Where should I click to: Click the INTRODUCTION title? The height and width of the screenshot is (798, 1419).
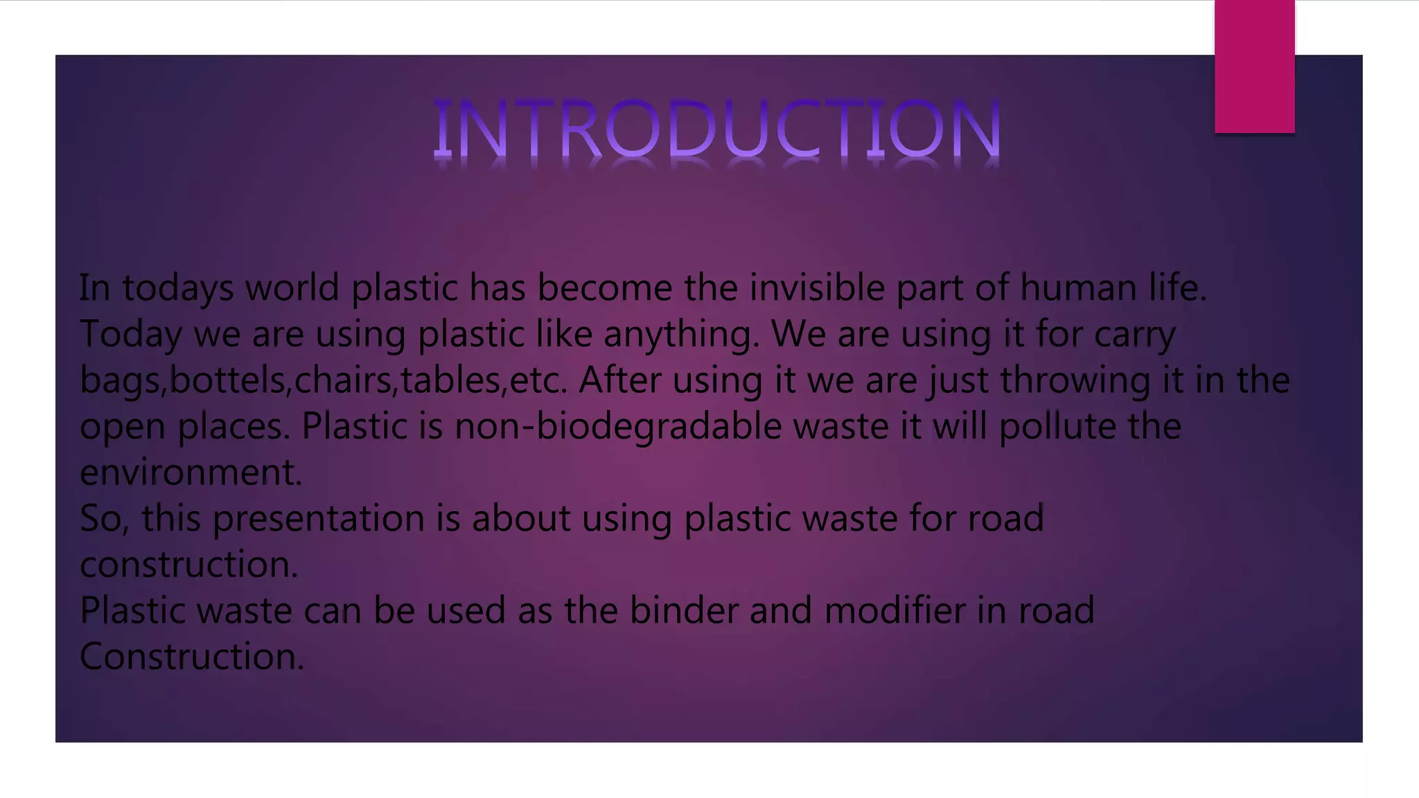(717, 129)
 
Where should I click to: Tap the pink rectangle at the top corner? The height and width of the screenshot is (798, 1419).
(1254, 66)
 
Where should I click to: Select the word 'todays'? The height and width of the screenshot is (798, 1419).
(178, 288)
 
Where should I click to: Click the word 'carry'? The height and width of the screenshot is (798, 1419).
(1134, 335)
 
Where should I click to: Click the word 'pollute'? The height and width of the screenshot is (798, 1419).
(1057, 426)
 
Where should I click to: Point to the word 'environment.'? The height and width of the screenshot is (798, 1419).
(191, 472)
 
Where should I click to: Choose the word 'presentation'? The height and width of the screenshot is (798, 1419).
(318, 519)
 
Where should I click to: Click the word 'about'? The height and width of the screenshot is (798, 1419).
(521, 519)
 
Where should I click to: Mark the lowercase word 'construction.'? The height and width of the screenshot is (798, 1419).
(189, 565)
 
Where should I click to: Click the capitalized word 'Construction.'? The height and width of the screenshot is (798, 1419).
(192, 656)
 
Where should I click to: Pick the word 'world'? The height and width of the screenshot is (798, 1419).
(292, 288)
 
